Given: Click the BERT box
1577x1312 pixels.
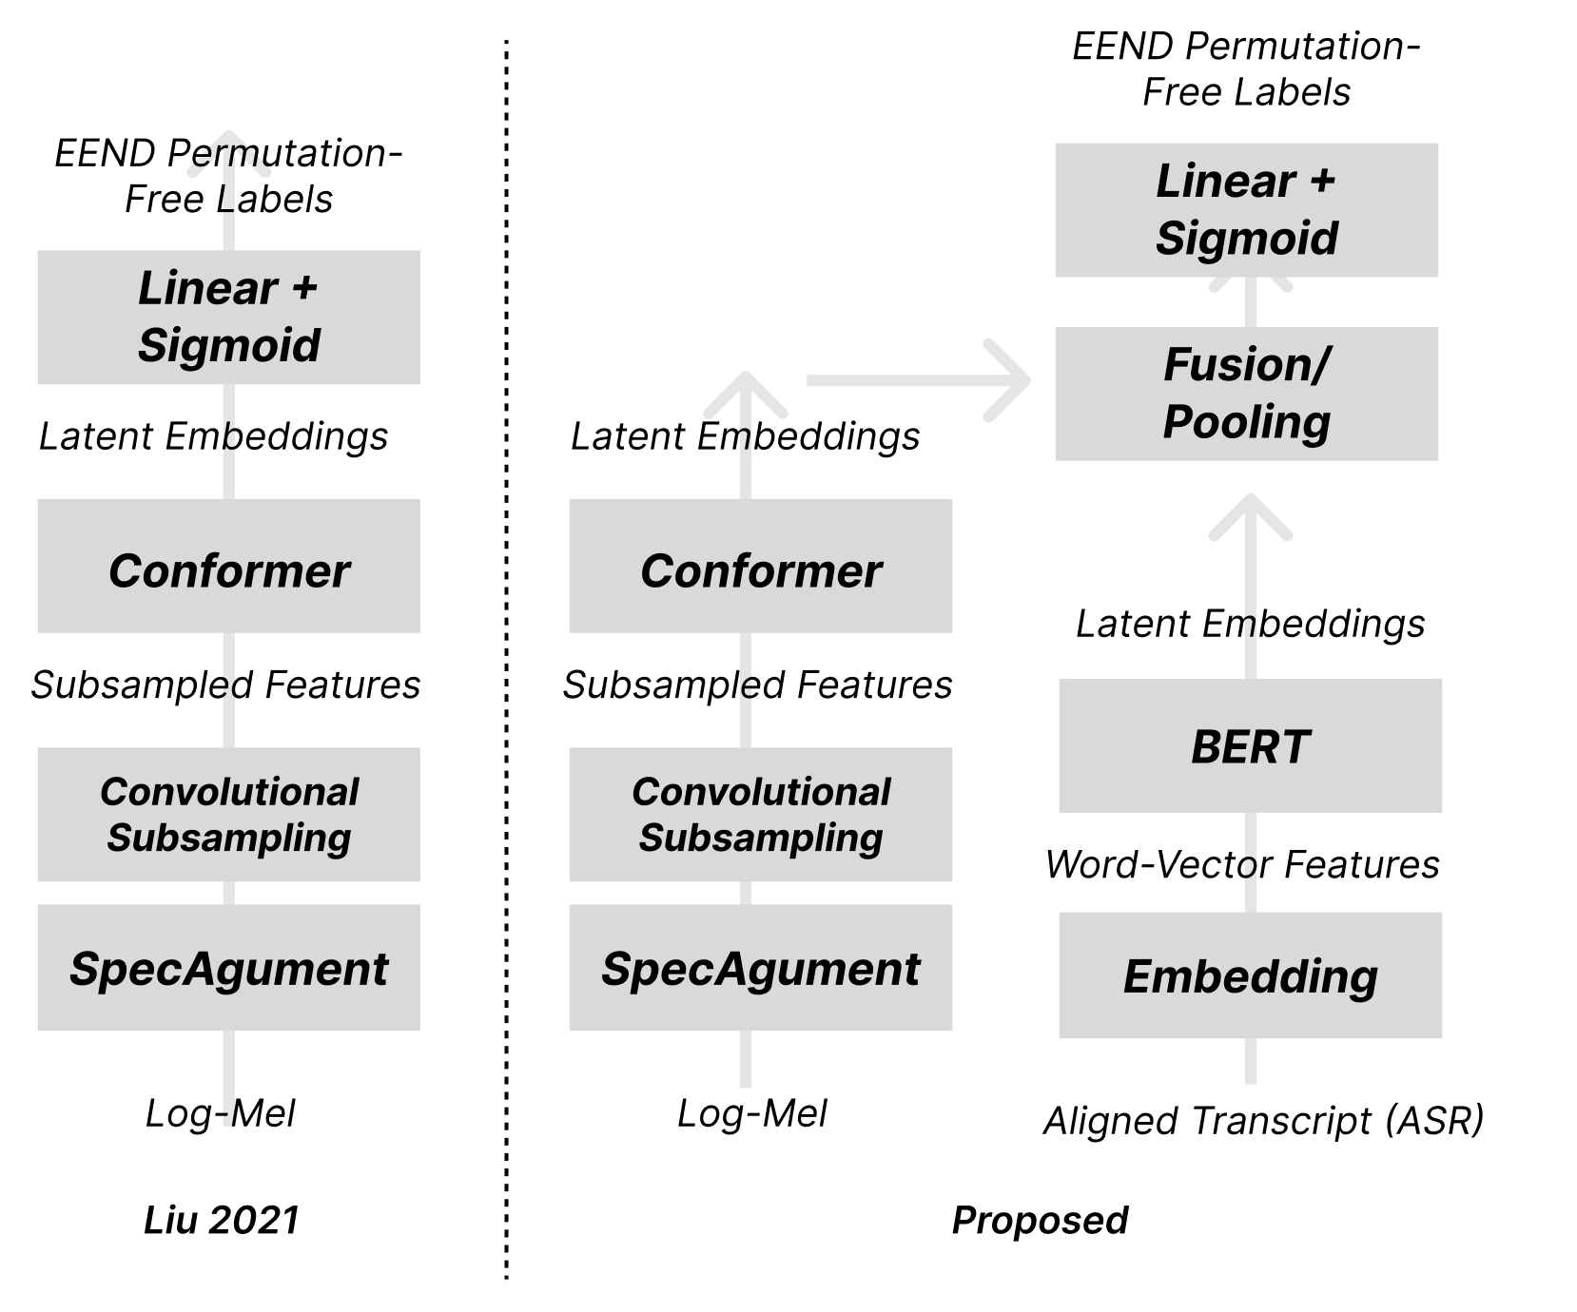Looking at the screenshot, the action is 1250,745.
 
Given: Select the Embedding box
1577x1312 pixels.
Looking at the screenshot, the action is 1250,975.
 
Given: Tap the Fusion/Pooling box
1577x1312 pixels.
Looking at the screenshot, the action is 1246,394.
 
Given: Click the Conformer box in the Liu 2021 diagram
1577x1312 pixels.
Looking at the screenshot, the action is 228,566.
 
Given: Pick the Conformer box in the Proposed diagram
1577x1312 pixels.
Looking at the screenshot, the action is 760,566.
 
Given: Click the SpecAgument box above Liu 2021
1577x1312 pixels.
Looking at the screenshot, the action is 228,967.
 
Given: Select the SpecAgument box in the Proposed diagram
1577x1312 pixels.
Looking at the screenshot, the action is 760,967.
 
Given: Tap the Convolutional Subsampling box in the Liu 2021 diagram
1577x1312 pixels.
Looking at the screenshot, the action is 228,814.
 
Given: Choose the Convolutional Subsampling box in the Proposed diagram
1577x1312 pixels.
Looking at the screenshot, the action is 760,814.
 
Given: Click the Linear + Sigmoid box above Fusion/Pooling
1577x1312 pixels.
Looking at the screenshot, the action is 1246,210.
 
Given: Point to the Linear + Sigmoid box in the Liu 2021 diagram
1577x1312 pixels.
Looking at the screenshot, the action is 228,317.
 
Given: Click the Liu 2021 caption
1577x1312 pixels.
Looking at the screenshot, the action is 222,1220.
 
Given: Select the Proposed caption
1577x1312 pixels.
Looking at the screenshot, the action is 1040,1220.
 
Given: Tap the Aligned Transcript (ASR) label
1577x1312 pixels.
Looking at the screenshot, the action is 1263,1121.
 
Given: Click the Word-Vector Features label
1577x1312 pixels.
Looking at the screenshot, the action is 1242,864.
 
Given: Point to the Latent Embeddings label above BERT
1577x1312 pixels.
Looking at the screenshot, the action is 1250,624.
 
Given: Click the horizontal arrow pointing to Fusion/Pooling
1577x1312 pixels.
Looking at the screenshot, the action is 919,380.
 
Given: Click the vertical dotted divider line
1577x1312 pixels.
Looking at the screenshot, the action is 506,660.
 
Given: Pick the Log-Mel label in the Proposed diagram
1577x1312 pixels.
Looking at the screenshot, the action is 751,1113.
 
